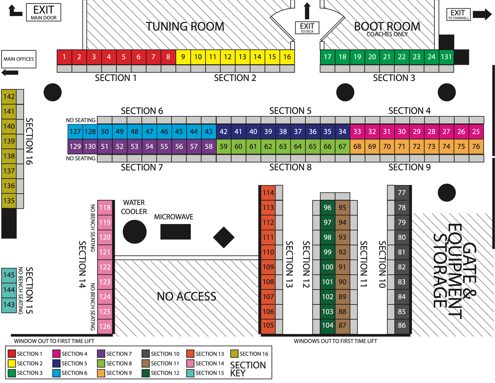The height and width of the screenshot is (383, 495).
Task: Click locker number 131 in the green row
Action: point(446,57)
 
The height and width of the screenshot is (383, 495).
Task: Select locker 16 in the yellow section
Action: point(287,57)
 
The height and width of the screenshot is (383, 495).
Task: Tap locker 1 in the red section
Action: point(64,57)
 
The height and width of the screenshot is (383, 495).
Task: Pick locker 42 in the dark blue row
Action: point(224,132)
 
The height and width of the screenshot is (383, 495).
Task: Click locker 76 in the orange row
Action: point(476,147)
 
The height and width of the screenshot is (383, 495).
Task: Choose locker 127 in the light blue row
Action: point(75,132)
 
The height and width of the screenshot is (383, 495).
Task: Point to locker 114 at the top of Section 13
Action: point(268,193)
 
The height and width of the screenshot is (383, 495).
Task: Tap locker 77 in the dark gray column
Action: point(402,193)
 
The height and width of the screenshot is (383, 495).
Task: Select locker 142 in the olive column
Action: point(9,97)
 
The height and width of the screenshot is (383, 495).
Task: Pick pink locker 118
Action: point(105,208)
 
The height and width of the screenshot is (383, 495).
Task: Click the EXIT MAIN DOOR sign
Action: point(44,12)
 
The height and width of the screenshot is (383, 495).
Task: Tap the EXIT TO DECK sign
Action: point(307,28)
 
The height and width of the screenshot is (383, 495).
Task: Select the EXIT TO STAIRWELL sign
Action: point(458,14)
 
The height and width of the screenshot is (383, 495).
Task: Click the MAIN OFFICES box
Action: point(19,59)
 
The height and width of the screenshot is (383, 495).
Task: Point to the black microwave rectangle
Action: point(176,232)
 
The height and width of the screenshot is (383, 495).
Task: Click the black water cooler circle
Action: point(135,232)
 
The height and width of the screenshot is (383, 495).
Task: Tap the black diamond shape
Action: point(224,237)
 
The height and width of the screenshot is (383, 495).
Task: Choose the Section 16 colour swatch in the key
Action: point(234,354)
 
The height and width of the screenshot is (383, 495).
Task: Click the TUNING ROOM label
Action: point(185,27)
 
